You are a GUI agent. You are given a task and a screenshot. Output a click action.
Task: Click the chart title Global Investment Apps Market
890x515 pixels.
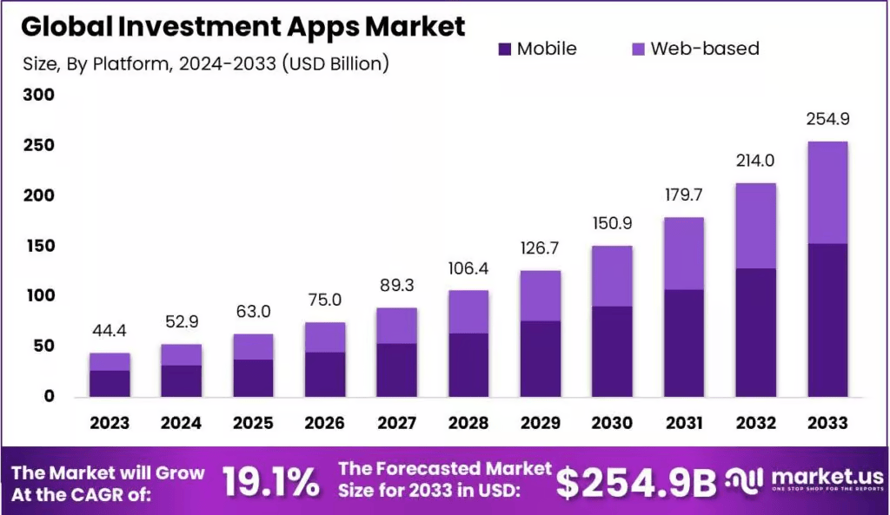(x=242, y=26)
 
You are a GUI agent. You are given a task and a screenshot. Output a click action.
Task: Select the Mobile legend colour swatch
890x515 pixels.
(x=505, y=49)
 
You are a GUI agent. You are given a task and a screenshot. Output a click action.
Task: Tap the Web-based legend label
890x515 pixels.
(x=704, y=49)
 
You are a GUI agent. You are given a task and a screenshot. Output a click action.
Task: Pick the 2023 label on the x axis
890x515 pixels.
(x=110, y=423)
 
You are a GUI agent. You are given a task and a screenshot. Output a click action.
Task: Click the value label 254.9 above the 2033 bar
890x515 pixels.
(x=827, y=118)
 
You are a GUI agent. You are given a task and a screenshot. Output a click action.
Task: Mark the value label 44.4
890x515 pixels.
(x=110, y=331)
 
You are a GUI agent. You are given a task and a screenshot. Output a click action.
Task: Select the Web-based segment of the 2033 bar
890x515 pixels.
(x=827, y=192)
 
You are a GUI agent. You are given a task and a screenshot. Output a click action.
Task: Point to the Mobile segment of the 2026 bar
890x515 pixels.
(x=324, y=374)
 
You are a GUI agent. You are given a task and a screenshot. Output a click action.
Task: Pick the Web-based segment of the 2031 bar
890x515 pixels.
(x=683, y=253)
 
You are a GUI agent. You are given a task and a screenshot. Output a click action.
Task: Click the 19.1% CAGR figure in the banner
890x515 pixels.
(x=270, y=483)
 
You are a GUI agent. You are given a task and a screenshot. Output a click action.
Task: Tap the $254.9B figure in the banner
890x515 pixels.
(x=635, y=483)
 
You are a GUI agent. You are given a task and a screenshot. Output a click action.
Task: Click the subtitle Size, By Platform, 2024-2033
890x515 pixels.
(x=204, y=63)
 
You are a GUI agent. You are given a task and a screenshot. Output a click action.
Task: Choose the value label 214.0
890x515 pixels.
(x=754, y=161)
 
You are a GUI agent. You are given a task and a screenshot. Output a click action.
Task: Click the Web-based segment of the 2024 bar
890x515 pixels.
(x=181, y=354)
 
